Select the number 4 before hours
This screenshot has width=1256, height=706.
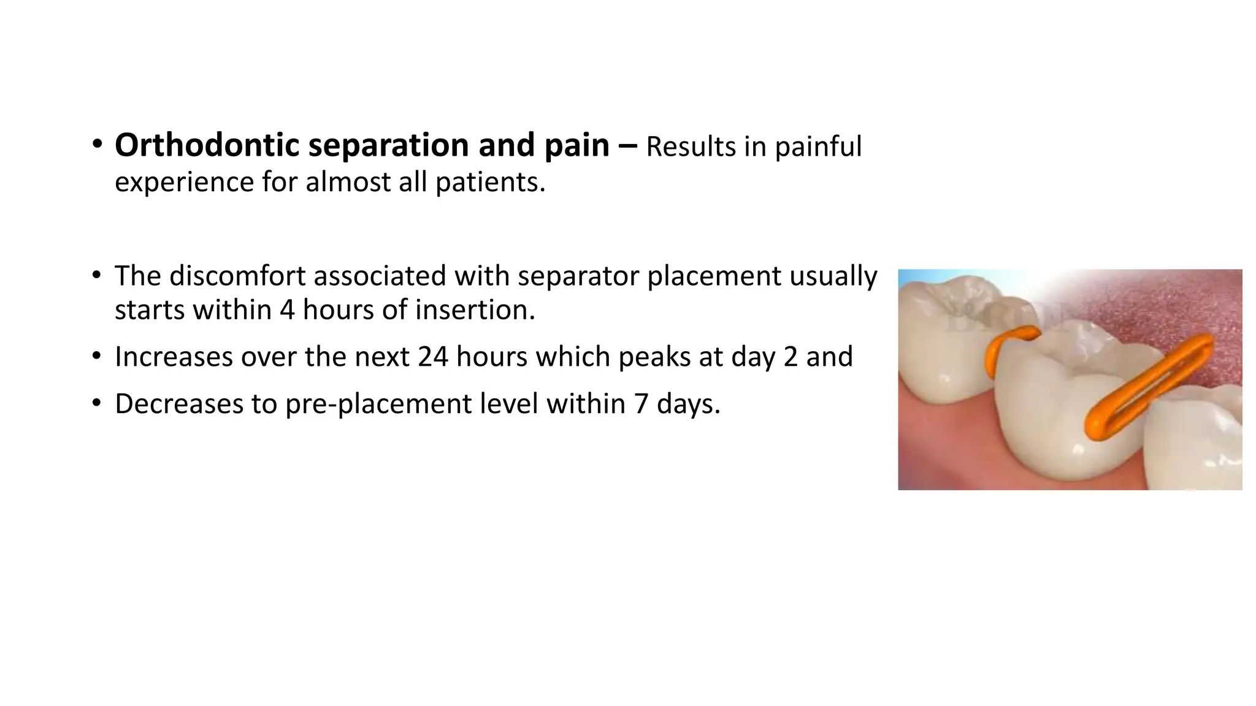point(287,309)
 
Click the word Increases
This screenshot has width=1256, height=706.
point(174,357)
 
